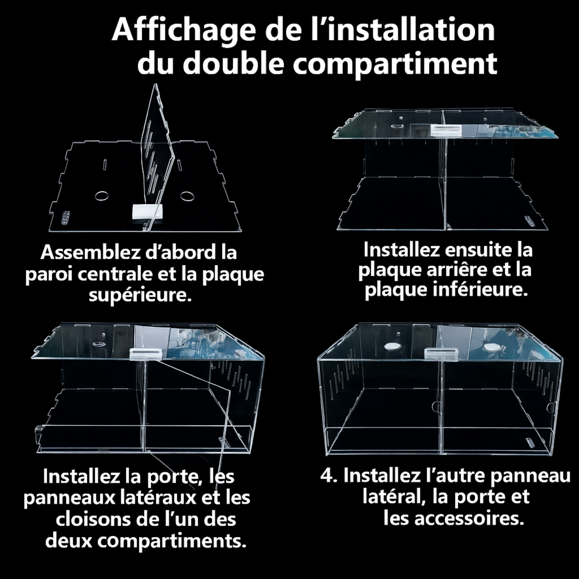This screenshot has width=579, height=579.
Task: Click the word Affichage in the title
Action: click(x=182, y=30)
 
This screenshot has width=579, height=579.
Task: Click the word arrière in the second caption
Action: click(x=457, y=270)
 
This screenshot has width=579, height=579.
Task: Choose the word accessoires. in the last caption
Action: click(x=469, y=519)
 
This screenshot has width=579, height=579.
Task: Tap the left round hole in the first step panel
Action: click(x=102, y=196)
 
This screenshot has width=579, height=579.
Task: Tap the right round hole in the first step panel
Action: click(x=187, y=196)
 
